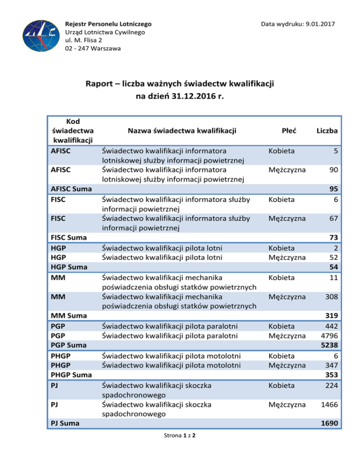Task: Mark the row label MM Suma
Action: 69,316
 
